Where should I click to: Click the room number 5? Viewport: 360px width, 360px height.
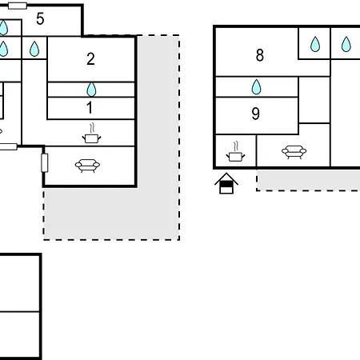pyautogui.click(x=40, y=19)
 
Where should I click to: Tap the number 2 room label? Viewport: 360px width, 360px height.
pyautogui.click(x=90, y=59)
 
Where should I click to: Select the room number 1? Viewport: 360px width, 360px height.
pyautogui.click(x=90, y=108)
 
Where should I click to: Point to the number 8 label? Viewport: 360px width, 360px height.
pyautogui.click(x=260, y=55)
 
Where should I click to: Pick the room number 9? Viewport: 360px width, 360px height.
pyautogui.click(x=255, y=114)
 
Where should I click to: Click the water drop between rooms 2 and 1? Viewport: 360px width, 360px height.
pyautogui.click(x=91, y=89)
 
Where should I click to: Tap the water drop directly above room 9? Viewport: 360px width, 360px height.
pyautogui.click(x=256, y=87)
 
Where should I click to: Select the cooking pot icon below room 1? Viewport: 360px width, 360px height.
pyautogui.click(x=91, y=134)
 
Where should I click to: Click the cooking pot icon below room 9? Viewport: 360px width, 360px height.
pyautogui.click(x=235, y=152)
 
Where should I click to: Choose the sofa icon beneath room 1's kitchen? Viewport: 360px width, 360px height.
pyautogui.click(x=87, y=166)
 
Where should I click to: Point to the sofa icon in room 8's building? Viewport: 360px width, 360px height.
pyautogui.click(x=294, y=152)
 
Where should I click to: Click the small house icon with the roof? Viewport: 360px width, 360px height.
pyautogui.click(x=226, y=183)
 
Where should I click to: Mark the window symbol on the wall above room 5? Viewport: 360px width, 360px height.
pyautogui.click(x=18, y=6)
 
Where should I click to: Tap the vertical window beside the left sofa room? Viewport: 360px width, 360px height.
pyautogui.click(x=45, y=162)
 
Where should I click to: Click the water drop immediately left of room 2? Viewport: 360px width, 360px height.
pyautogui.click(x=34, y=49)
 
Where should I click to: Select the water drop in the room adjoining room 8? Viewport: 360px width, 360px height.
pyautogui.click(x=315, y=44)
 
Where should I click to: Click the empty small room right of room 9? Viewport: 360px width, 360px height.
pyautogui.click(x=314, y=100)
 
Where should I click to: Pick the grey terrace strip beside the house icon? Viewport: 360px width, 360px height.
pyautogui.click(x=308, y=180)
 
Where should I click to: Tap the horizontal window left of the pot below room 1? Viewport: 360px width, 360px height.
pyautogui.click(x=7, y=146)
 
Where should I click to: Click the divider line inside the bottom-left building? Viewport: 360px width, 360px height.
pyautogui.click(x=20, y=311)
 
